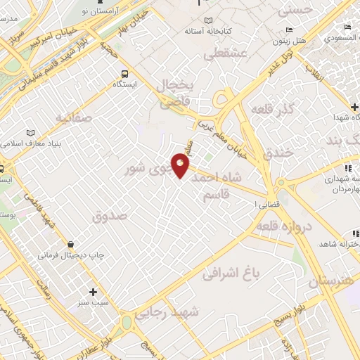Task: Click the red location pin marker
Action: point(181,165)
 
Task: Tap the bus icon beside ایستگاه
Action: point(124,73)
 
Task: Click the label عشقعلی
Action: point(226,53)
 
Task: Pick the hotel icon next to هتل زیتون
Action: point(289,30)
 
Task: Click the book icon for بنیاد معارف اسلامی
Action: point(30,132)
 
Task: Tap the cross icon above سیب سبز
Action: point(92,291)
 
